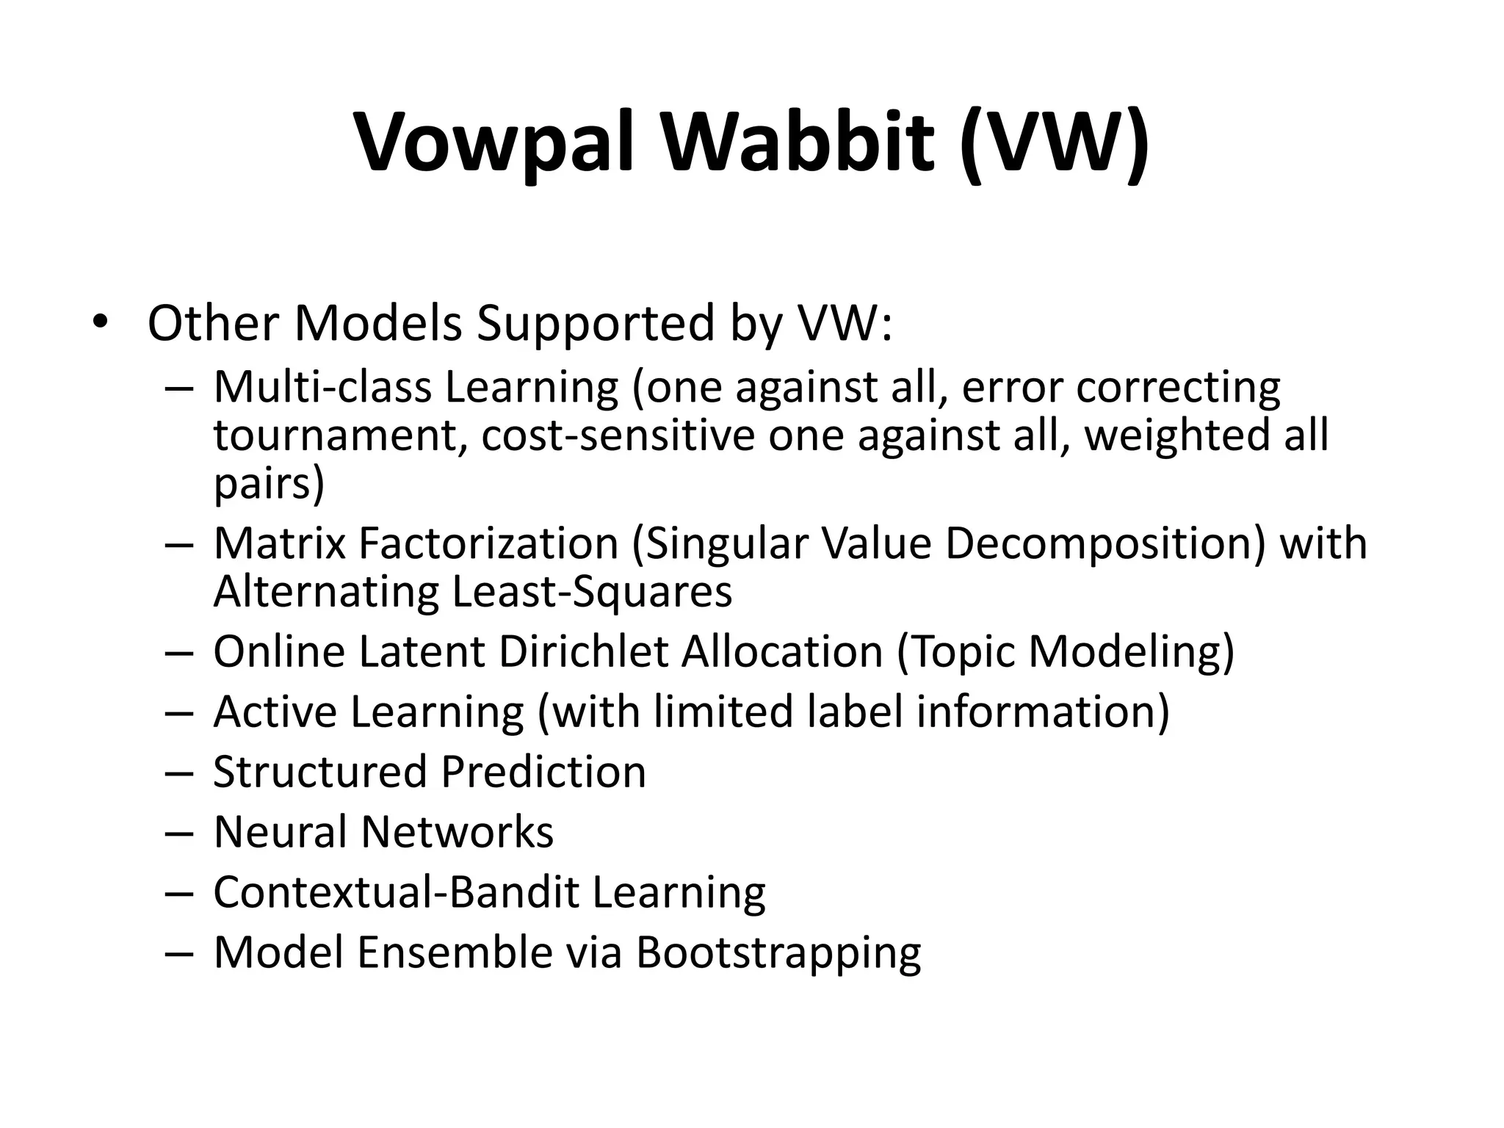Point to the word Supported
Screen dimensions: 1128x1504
(x=595, y=323)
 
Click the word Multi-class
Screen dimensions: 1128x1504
(x=322, y=387)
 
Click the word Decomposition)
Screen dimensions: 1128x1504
(x=1105, y=543)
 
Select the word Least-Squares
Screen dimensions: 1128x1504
(x=592, y=591)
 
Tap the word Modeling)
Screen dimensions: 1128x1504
(x=1131, y=651)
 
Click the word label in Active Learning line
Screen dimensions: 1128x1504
(x=855, y=712)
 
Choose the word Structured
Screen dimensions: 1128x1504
(x=320, y=772)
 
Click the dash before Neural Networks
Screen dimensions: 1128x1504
(x=178, y=834)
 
